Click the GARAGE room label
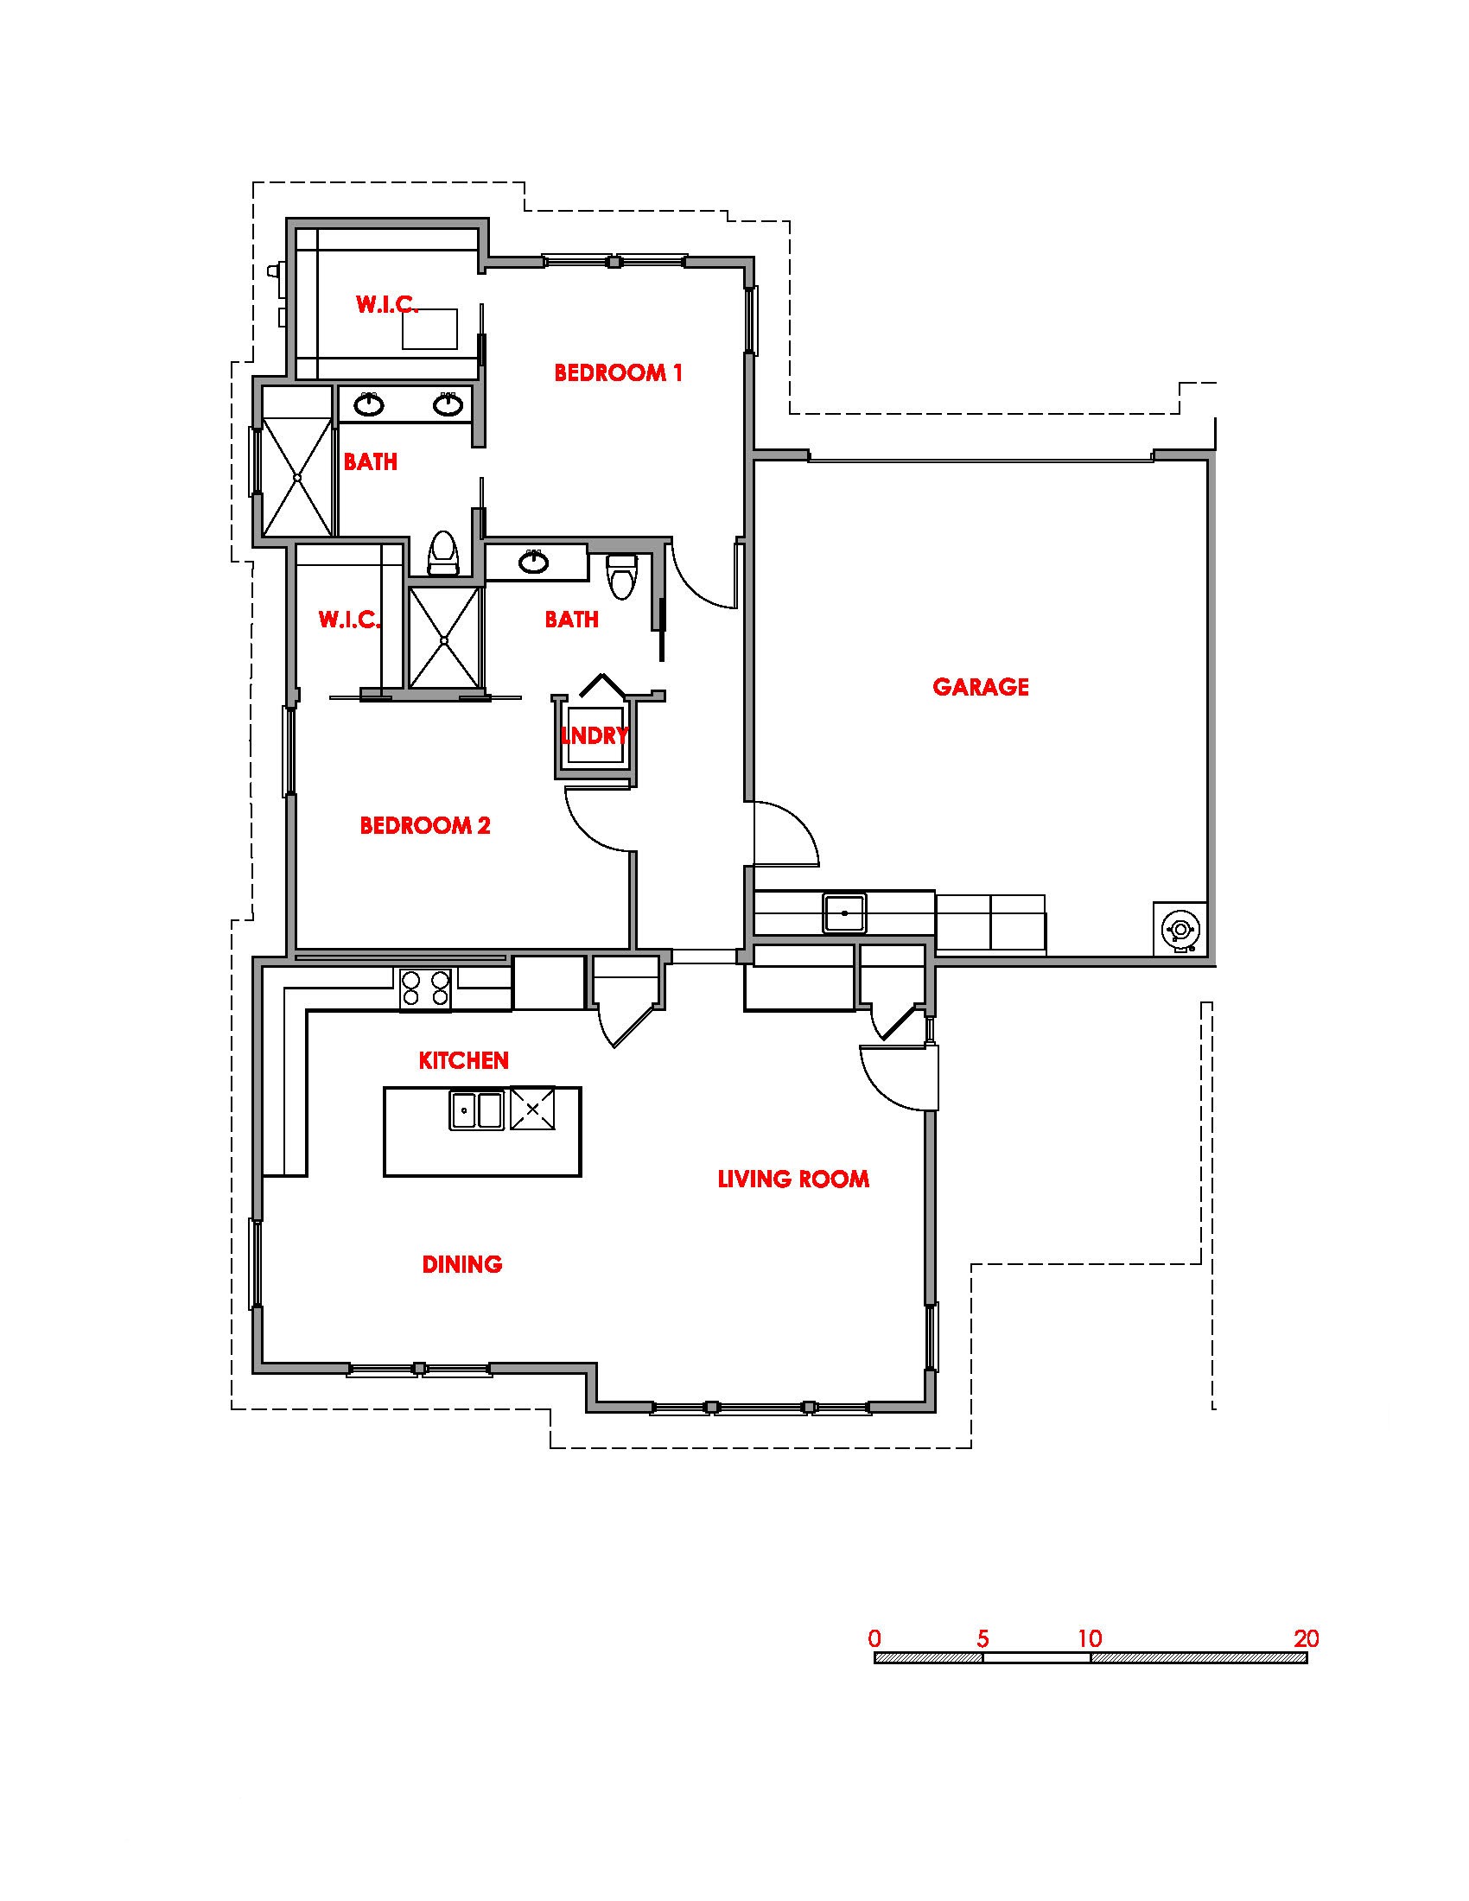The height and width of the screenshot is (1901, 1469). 980,687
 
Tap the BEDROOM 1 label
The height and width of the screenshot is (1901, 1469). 618,372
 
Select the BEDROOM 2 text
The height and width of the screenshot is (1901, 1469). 425,824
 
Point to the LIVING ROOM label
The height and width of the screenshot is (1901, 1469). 792,1179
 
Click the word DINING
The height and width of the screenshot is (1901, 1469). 462,1264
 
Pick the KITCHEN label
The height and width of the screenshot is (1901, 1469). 464,1060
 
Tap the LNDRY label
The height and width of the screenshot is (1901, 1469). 595,735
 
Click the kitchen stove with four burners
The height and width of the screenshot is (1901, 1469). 425,989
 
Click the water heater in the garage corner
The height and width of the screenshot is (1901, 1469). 1180,930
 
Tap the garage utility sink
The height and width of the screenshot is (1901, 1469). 844,912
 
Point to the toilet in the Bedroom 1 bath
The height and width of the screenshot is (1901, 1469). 444,554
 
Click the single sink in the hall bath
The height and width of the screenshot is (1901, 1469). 533,562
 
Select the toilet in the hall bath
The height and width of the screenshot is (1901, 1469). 623,576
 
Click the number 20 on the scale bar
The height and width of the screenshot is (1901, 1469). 1307,1638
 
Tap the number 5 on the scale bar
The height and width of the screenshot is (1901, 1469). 983,1638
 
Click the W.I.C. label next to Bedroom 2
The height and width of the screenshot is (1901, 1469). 349,620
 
